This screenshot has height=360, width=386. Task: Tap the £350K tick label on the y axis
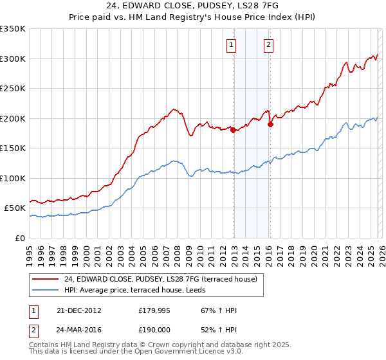pos(13,29)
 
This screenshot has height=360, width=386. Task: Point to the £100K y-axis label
pos(13,178)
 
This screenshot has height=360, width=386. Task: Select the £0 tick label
pos(19,238)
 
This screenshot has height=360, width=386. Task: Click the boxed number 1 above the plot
pos(231,45)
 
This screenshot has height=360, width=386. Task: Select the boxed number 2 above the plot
pos(268,45)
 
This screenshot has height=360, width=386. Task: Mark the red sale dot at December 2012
pos(233,130)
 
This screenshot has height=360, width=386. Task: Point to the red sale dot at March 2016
pos(270,125)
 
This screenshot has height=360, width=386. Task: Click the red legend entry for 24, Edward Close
pos(161,279)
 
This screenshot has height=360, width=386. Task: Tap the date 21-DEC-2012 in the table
pos(79,310)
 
